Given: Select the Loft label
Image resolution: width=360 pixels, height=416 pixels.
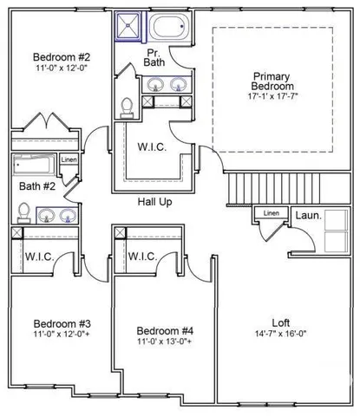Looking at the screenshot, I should coord(279,320).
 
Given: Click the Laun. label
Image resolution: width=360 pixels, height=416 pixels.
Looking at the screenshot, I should coord(308,215).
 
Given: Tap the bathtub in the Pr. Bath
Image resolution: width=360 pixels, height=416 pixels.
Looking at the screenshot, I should coord(167,28).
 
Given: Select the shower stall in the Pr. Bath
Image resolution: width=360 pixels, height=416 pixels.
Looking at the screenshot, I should coord(129,28).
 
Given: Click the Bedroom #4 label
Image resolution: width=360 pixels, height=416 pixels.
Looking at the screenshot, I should coord(165,331).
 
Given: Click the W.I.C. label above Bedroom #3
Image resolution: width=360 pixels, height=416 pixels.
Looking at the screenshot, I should coord(40,257).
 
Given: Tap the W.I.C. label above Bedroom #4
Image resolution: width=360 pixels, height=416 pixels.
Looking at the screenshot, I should coord(142,257).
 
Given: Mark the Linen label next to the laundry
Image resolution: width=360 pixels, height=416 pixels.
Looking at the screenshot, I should coord(272,213).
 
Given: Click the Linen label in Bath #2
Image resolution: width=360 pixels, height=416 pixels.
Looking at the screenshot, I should coord(69,160).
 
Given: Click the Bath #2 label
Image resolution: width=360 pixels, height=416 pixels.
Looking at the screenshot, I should coord(37,185).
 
